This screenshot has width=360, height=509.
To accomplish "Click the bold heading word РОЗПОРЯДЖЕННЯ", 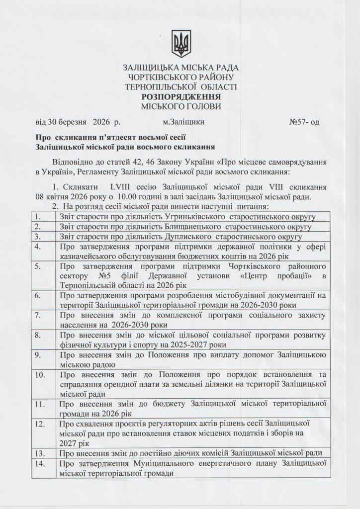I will click(180, 97).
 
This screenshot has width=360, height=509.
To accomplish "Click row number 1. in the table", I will click(36, 216).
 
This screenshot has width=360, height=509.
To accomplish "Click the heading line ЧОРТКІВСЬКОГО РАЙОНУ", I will click(180, 77).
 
